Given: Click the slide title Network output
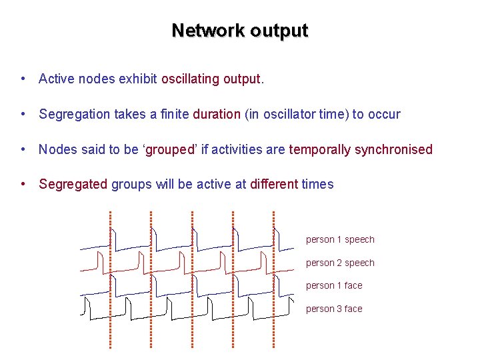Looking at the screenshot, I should point(239,31).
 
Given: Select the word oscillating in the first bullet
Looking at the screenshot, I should point(190,79).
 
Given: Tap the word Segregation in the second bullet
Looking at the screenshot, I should point(74,114).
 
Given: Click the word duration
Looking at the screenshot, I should point(217,114).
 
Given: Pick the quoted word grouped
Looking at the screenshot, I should point(169,149).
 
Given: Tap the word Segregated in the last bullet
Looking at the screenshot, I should point(73,184).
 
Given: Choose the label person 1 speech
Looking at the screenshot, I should point(340,240).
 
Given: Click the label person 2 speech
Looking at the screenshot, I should point(340,263).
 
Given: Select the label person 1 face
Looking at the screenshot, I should point(334,286).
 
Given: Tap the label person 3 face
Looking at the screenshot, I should point(334,309).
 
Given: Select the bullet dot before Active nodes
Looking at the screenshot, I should point(23,79).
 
